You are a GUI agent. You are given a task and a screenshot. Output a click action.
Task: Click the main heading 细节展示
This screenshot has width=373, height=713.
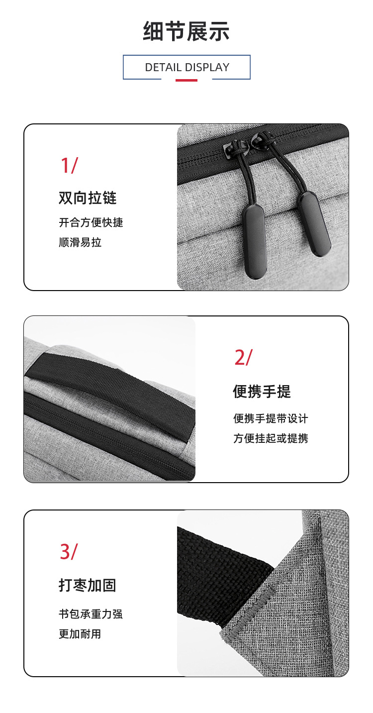[x=186, y=31]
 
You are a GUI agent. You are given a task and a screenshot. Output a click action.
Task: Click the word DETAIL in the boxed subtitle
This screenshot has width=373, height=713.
[x=163, y=67]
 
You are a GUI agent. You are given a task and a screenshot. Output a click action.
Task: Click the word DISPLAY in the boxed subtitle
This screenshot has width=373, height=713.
[x=207, y=67]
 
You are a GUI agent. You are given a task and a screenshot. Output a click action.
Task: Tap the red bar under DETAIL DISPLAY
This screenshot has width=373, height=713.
[x=186, y=80]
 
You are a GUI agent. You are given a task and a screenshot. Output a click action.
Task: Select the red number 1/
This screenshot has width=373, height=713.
[x=69, y=166]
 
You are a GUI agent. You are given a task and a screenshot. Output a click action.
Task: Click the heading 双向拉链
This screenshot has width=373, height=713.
[x=88, y=198]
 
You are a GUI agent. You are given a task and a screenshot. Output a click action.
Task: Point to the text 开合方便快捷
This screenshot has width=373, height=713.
[x=91, y=222]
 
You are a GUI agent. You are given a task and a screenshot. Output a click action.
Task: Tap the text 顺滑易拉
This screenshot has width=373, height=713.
[x=80, y=242]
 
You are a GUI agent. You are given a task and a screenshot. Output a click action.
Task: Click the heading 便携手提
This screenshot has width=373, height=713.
[x=262, y=391]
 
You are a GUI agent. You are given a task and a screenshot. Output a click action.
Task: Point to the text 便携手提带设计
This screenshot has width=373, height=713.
[x=271, y=418]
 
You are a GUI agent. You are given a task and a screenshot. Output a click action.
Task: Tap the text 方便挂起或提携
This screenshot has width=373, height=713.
[x=271, y=438]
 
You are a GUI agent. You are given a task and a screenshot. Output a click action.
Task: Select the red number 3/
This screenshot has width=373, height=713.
[x=69, y=552]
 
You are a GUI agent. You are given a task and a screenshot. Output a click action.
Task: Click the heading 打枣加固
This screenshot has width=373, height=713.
[x=88, y=585]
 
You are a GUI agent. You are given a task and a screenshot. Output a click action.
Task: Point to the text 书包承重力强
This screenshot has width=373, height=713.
[x=91, y=613]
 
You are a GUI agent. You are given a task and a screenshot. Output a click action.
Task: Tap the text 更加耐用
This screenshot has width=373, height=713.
[x=80, y=634]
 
